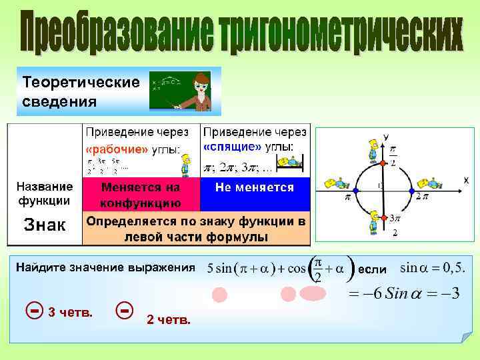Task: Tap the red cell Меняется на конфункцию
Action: point(140,195)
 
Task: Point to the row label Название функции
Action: point(45,193)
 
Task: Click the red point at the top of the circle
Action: point(382,163)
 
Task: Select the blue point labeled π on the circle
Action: point(355,191)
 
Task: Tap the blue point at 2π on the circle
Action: point(410,191)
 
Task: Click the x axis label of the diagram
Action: point(465,181)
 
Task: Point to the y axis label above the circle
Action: point(386,137)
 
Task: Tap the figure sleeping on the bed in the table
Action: point(292,162)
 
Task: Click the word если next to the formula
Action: point(371,269)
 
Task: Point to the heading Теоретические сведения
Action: point(81,92)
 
